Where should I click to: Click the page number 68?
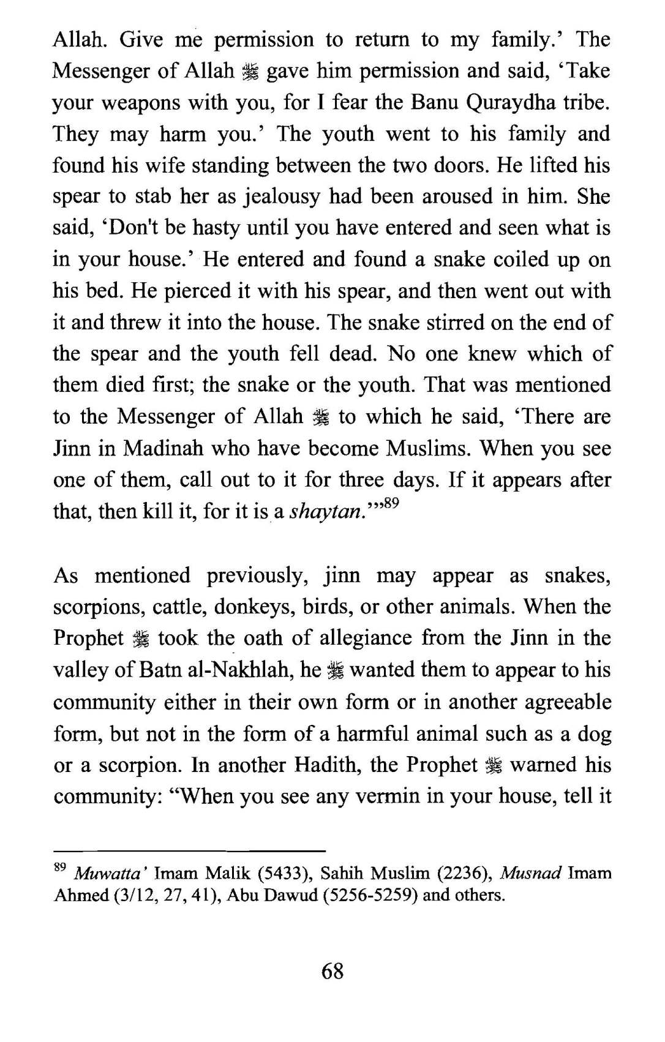[x=332, y=971]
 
